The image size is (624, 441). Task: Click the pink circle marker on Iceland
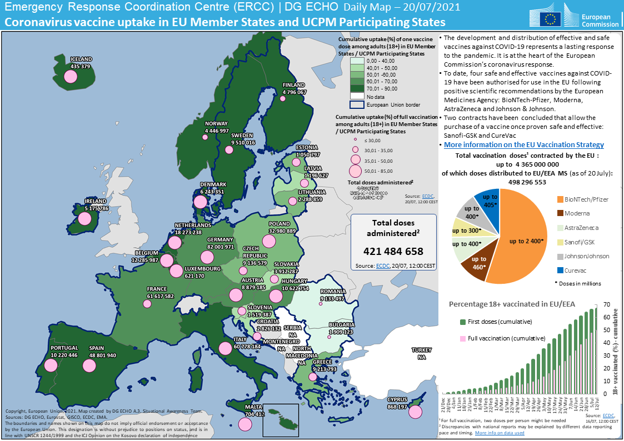pyautogui.click(x=70, y=77)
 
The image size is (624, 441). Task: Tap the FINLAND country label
pyautogui.click(x=294, y=85)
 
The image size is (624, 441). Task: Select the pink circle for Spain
pyautogui.click(x=89, y=365)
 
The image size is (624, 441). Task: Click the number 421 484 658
pyautogui.click(x=393, y=251)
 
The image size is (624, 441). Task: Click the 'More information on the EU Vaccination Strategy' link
pyautogui.click(x=524, y=144)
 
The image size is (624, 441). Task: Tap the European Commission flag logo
pyautogui.click(x=552, y=18)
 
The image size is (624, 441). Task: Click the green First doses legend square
pyautogui.click(x=463, y=322)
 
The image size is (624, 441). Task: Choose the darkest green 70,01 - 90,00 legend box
pyautogui.click(x=357, y=88)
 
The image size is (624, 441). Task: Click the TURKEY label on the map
pyautogui.click(x=421, y=350)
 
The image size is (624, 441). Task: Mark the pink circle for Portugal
pyautogui.click(x=51, y=365)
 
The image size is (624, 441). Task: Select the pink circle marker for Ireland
pyautogui.click(x=84, y=218)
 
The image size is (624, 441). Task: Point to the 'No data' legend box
pyautogui.click(x=357, y=96)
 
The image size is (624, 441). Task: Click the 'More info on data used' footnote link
pyautogui.click(x=499, y=432)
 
